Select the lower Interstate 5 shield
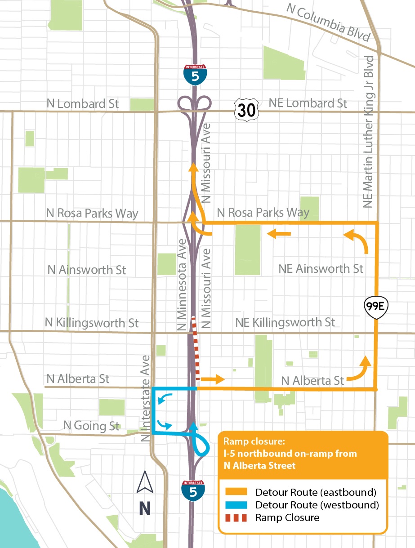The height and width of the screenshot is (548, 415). (193, 491)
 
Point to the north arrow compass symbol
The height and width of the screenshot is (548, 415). (145, 482)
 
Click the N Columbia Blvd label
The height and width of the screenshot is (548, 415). (327, 23)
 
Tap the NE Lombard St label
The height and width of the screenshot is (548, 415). (308, 103)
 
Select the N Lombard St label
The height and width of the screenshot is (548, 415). (83, 104)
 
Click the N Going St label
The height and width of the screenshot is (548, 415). (91, 425)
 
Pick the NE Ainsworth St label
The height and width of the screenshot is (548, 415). (321, 269)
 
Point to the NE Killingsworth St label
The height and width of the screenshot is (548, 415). (285, 322)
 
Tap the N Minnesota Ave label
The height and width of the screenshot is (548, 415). (182, 285)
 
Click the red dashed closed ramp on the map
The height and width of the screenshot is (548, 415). (196, 346)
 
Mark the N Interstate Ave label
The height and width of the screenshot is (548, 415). (146, 398)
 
